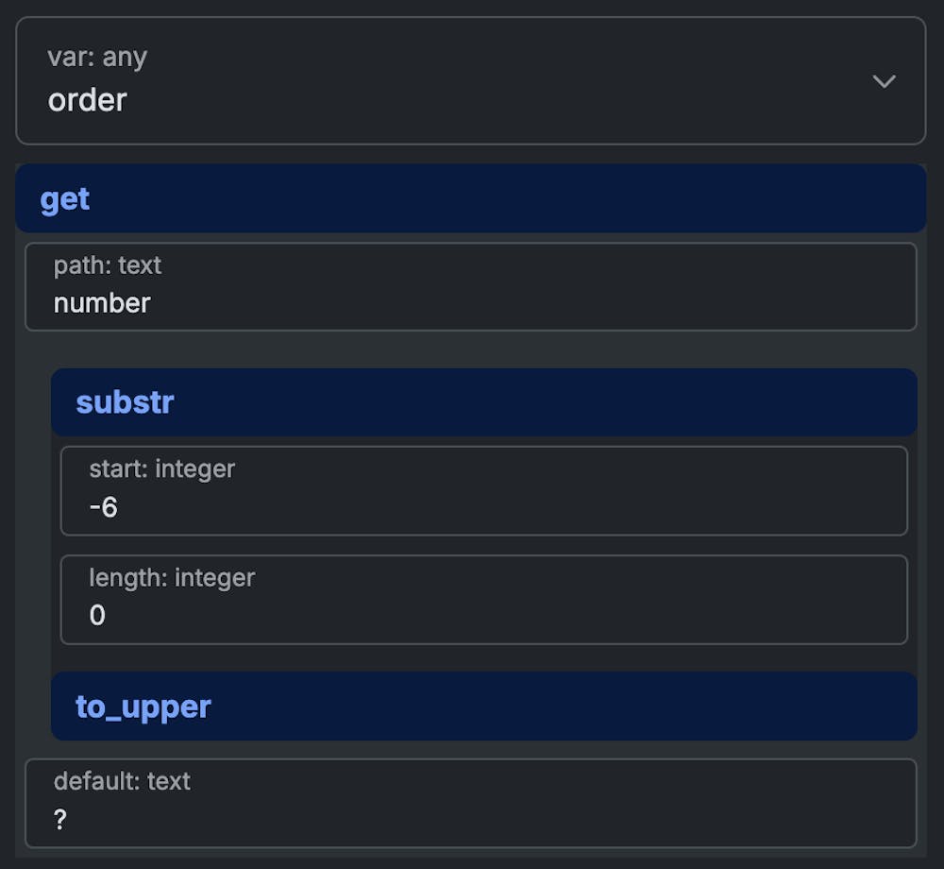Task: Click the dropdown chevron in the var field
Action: pyautogui.click(x=884, y=81)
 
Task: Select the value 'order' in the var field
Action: pyautogui.click(x=88, y=100)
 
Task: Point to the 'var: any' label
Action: pyautogui.click(x=97, y=58)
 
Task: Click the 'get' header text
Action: pyautogui.click(x=65, y=199)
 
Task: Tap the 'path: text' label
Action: pyautogui.click(x=108, y=265)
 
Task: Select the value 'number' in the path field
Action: pyautogui.click(x=102, y=303)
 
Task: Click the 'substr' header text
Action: pyautogui.click(x=125, y=402)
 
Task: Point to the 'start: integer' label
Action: pyautogui.click(x=161, y=469)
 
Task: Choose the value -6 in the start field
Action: pyautogui.click(x=103, y=507)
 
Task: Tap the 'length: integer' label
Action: pyautogui.click(x=172, y=577)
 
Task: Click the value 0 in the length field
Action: pyautogui.click(x=97, y=616)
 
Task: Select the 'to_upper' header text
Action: pyautogui.click(x=143, y=707)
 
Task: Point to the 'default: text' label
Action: pyautogui.click(x=122, y=781)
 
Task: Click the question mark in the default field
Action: pyautogui.click(x=60, y=820)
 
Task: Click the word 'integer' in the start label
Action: pyautogui.click(x=195, y=469)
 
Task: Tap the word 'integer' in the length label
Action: pyautogui.click(x=215, y=577)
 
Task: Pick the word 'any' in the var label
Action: pyautogui.click(x=125, y=58)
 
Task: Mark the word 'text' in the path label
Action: pyautogui.click(x=140, y=265)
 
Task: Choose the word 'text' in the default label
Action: pyautogui.click(x=169, y=781)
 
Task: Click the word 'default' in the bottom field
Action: pyautogui.click(x=93, y=781)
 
